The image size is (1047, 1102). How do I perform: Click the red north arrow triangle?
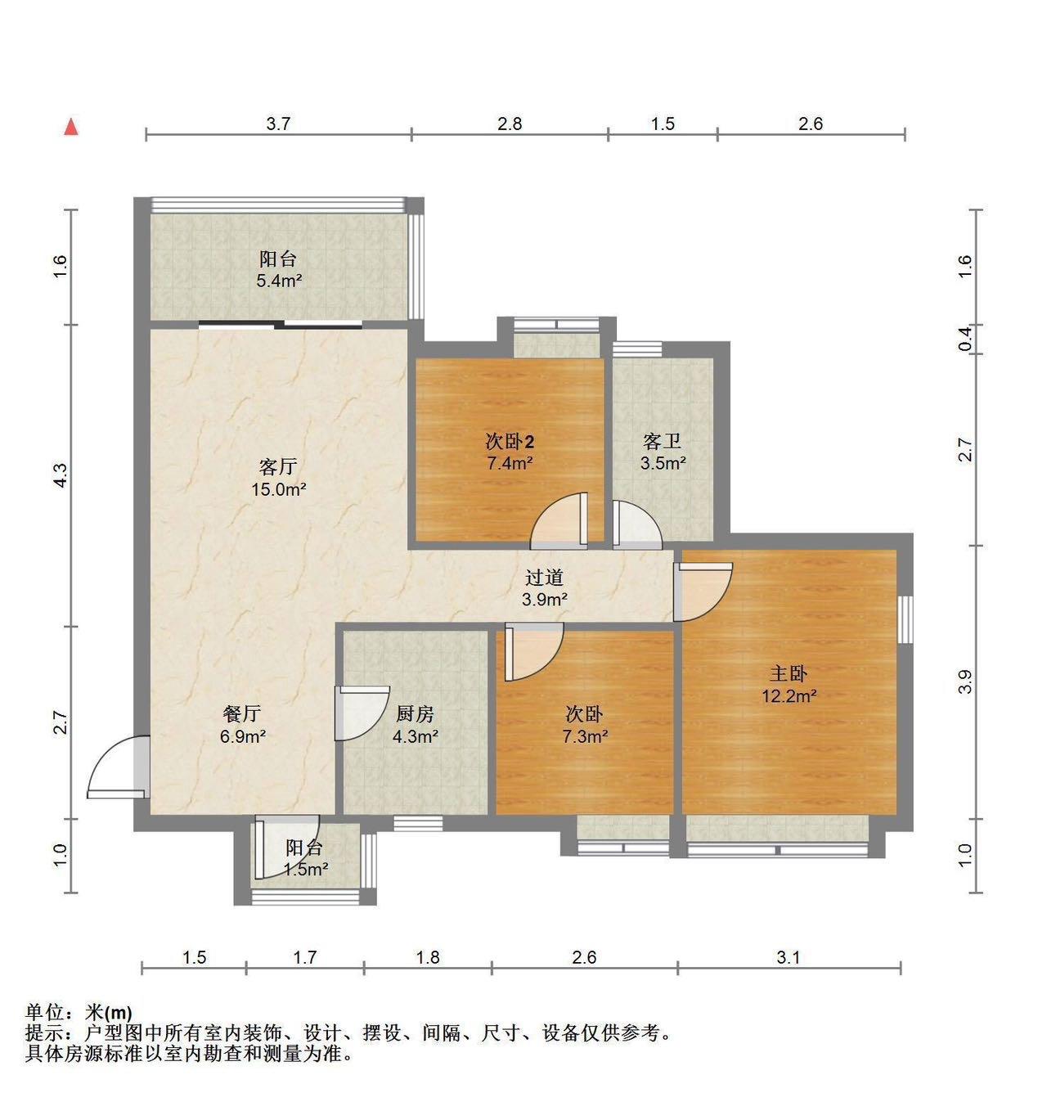point(71,128)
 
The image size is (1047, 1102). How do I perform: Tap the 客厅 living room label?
point(278,466)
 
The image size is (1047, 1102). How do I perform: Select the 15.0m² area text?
point(279,489)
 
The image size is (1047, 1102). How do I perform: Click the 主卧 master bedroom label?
point(789,672)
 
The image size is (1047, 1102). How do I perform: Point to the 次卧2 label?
point(510,442)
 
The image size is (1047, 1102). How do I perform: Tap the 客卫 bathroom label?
point(663,442)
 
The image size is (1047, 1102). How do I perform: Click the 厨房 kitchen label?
point(415,713)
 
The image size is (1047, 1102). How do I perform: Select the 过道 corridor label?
point(544,577)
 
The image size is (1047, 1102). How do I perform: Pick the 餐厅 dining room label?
point(242,713)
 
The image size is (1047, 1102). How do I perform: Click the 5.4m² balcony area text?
point(279,281)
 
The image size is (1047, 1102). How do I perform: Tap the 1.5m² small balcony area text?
point(305,870)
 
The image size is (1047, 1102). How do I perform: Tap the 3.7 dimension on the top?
point(278,124)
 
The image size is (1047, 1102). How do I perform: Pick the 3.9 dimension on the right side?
point(965,681)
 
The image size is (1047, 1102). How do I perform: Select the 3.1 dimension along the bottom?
point(788,957)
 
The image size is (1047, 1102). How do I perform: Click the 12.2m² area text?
point(789,695)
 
